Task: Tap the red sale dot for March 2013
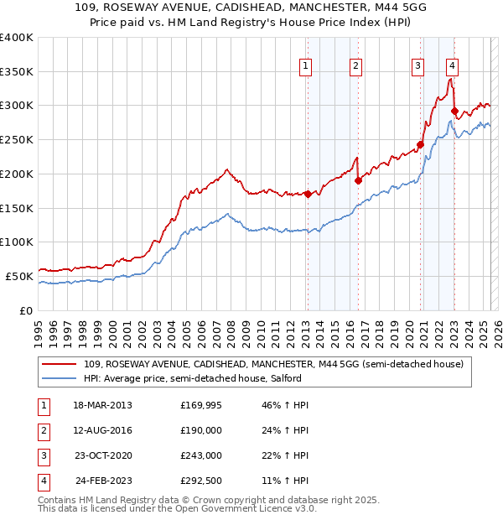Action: pos(308,194)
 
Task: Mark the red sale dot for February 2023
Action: pos(454,111)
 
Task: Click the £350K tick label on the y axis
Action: pos(17,72)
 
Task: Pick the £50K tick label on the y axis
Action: pos(20,276)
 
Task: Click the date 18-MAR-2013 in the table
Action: pos(103,405)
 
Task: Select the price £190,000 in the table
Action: pos(201,430)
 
